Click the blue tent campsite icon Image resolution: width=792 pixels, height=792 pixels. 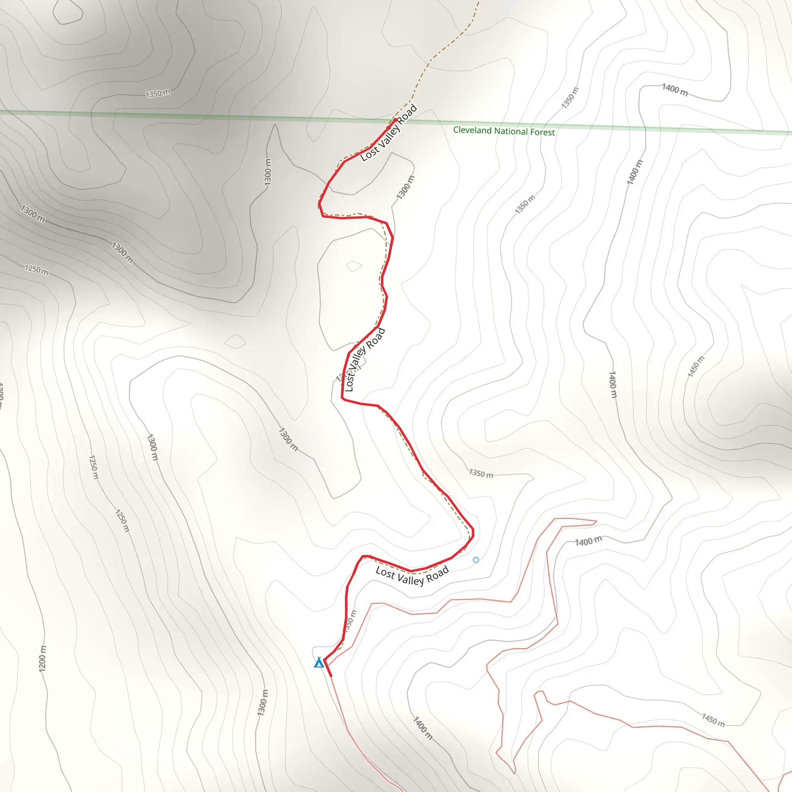click(319, 663)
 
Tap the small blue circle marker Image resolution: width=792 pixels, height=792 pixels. click(476, 560)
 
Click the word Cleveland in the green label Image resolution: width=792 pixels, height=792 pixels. click(472, 130)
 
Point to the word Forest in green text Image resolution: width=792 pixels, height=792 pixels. click(542, 132)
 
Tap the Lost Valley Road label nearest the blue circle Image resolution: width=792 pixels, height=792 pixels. click(412, 575)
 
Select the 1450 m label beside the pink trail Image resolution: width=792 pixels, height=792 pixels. click(713, 720)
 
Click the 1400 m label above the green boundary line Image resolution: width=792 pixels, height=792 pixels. click(675, 89)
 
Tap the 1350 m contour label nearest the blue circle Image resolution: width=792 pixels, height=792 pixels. click(481, 473)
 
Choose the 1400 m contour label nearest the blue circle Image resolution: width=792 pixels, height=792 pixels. click(588, 541)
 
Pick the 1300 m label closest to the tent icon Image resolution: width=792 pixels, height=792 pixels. click(263, 703)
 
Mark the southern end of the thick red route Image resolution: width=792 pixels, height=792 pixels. click(331, 676)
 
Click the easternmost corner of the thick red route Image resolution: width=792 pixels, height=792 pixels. click(473, 532)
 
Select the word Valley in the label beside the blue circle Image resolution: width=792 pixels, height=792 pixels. click(410, 579)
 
